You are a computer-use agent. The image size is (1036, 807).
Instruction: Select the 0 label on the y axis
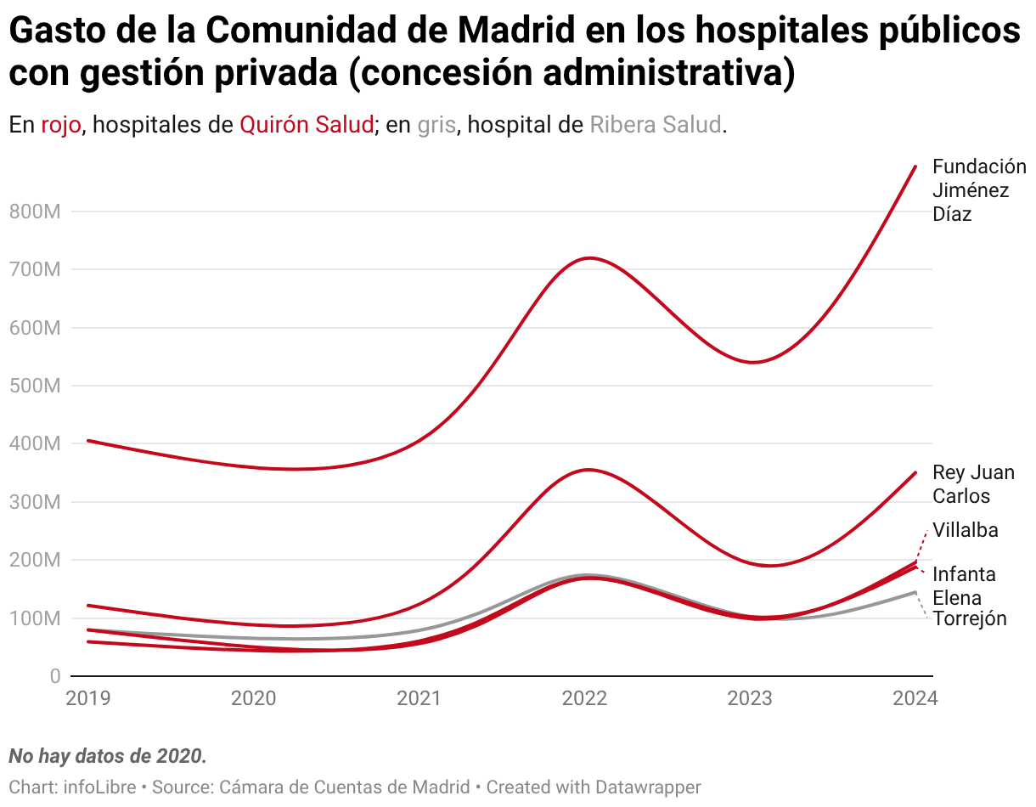click(x=54, y=676)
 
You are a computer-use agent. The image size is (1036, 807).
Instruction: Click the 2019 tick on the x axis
click(x=88, y=698)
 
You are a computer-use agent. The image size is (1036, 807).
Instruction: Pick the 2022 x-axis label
click(x=584, y=698)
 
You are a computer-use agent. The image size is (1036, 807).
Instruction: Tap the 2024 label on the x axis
click(x=915, y=698)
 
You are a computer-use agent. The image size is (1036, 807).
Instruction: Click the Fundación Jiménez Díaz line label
click(x=978, y=190)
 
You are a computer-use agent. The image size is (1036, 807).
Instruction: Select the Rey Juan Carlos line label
click(x=973, y=484)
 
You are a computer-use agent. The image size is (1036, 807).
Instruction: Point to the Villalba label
click(x=966, y=531)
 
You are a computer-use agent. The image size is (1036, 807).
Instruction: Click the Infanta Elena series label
click(x=964, y=585)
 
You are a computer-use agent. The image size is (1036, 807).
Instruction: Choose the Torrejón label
click(x=970, y=618)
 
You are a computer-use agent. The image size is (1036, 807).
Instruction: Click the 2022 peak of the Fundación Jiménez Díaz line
click(x=588, y=258)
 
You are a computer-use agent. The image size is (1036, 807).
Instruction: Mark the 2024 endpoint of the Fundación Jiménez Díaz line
click(x=915, y=166)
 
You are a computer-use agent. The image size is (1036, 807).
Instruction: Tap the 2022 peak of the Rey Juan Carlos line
click(x=588, y=470)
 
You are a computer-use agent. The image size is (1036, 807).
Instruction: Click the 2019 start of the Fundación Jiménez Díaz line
click(x=88, y=441)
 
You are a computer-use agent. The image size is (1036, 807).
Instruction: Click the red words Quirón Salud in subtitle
click(x=307, y=125)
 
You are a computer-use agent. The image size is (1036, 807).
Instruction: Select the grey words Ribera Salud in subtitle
click(x=656, y=125)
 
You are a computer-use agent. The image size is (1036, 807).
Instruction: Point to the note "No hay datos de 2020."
click(x=108, y=756)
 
